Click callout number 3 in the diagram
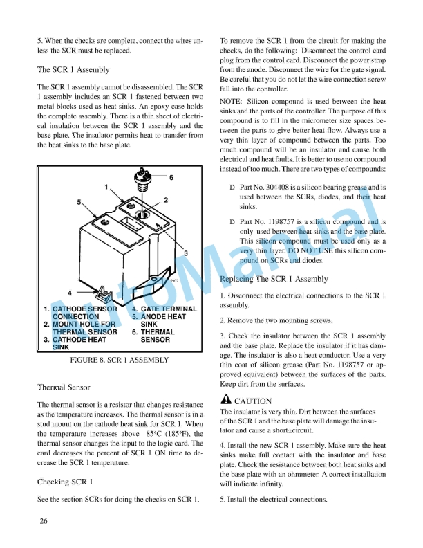pos(186,252)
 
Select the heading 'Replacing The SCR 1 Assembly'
pos(273,279)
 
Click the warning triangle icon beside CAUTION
pos(225,400)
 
